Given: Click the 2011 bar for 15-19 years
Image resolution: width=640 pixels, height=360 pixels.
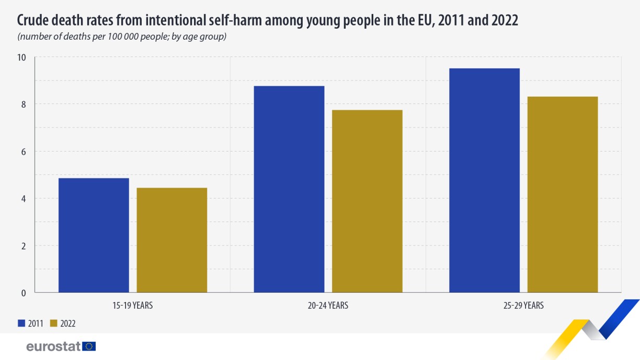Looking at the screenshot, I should [94, 235].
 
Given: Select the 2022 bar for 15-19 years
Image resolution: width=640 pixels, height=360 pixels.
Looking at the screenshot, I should [172, 240].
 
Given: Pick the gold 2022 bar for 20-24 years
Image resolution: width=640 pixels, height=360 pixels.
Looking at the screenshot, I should [367, 201].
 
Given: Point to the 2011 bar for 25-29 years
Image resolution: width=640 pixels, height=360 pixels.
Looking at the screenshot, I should [484, 180].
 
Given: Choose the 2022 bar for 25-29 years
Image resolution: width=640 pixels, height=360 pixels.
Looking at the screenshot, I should [563, 194].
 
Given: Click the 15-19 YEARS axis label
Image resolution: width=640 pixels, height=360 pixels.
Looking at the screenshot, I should [132, 305].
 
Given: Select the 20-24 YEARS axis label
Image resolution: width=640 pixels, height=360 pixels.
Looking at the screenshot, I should [328, 305].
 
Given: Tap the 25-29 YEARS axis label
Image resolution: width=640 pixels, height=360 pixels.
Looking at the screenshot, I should [523, 305].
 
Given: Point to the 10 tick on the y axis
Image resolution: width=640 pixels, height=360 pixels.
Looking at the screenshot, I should [22, 57].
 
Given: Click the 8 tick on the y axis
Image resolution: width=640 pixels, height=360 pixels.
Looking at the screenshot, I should [24, 104].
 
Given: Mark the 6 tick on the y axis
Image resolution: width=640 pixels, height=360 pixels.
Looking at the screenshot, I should [24, 152].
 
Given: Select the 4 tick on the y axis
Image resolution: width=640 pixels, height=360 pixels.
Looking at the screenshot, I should [24, 199].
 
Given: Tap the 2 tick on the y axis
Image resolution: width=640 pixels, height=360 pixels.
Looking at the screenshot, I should [24, 246].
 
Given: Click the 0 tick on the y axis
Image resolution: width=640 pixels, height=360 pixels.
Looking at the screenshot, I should [24, 293].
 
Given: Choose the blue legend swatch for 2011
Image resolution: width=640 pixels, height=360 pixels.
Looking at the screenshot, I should [21, 323].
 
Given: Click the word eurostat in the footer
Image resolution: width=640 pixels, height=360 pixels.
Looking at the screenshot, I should [53, 346].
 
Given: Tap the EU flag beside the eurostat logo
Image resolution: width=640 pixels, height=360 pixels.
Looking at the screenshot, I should [89, 346].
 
